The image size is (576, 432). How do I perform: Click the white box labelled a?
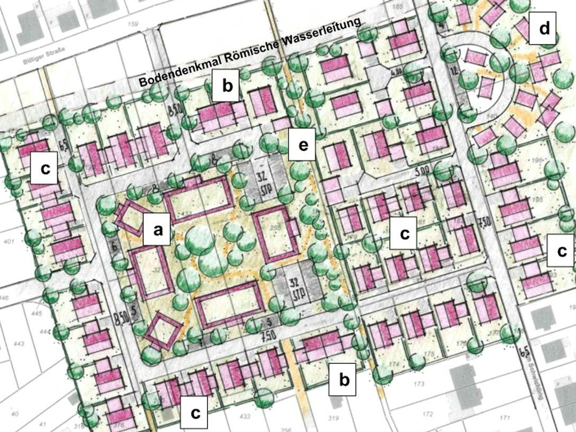tap(157, 230)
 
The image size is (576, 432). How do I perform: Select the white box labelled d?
tap(542, 28)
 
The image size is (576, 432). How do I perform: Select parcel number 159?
tap(133, 24)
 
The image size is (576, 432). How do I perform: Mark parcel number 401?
tap(9, 241)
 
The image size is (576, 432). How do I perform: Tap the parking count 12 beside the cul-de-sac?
tap(454, 70)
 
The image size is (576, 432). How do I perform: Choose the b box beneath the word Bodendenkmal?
tap(226, 85)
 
